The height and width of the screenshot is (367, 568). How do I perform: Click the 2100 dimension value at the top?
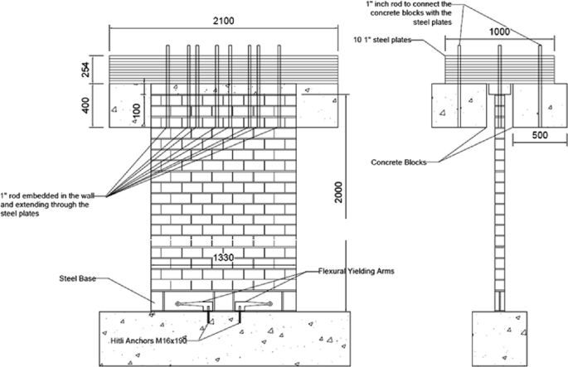(225, 18)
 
